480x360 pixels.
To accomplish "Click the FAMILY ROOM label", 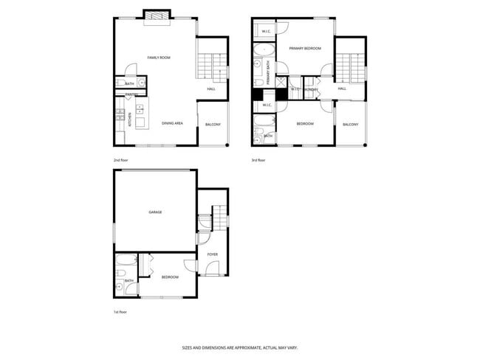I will [159, 58].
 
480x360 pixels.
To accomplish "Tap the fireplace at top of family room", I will [157, 15].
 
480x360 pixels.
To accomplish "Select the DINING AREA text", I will [173, 123].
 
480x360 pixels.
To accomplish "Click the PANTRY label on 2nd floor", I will [131, 94].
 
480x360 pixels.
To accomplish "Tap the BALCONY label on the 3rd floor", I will [350, 125].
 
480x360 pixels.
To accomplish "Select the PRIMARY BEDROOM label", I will [305, 49].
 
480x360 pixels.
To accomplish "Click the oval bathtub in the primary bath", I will [264, 52].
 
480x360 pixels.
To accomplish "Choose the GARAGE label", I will [155, 212].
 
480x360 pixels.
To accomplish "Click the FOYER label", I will [213, 255].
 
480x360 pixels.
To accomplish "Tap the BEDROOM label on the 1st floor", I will [170, 277].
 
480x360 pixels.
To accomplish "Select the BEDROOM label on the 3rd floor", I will [305, 124].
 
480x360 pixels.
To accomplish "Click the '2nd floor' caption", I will [121, 159].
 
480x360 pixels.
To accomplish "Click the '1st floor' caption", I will [121, 312].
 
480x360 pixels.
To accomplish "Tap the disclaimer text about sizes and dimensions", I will [240, 347].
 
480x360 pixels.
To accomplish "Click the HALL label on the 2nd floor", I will [211, 89].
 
